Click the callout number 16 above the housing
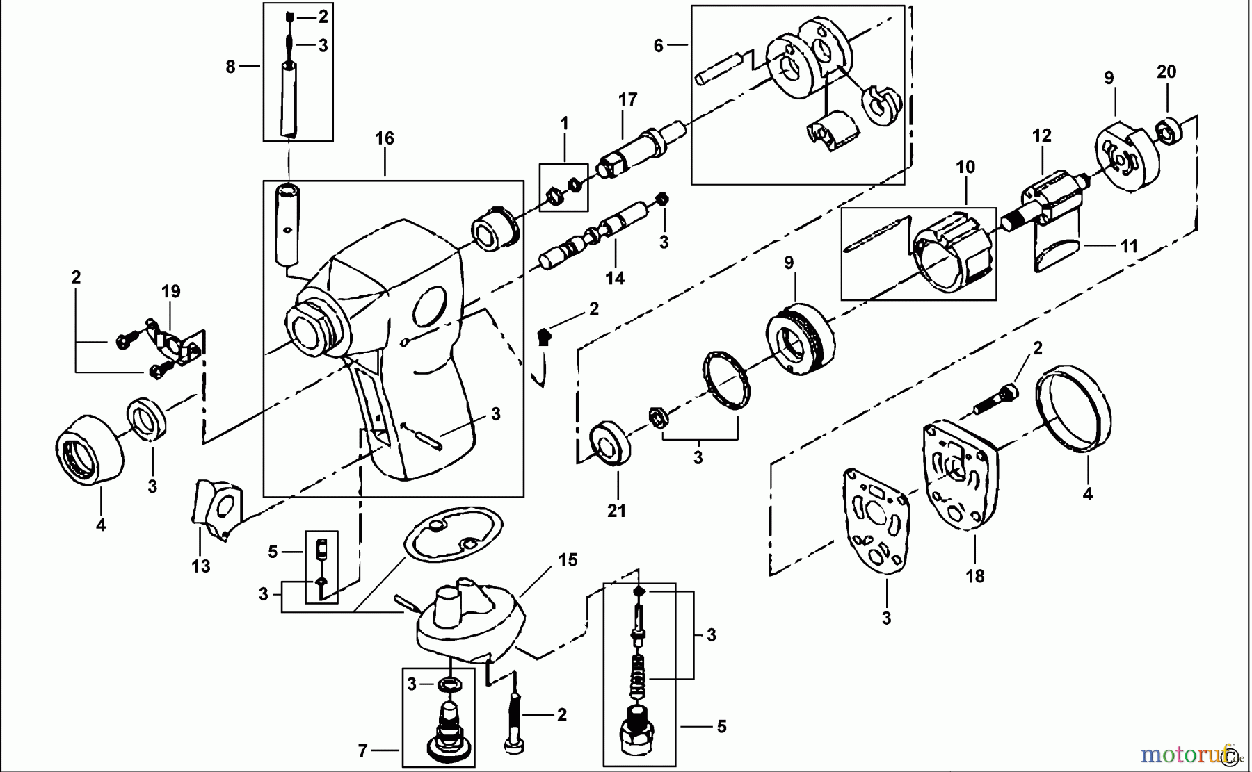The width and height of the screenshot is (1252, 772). coord(384,139)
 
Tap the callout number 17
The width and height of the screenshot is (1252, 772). coord(627,100)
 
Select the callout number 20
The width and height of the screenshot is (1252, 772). coord(1166,72)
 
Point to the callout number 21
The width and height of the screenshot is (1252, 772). coord(616,511)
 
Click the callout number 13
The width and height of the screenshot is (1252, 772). coord(201,567)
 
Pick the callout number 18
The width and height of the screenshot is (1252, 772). coord(975,576)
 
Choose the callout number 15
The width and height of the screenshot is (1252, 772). coord(568,560)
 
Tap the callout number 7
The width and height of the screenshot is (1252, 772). coord(362,751)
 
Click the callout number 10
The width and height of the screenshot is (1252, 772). coord(965,167)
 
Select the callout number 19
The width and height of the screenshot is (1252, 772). coord(171,292)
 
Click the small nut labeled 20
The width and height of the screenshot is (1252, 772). coord(1169,132)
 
